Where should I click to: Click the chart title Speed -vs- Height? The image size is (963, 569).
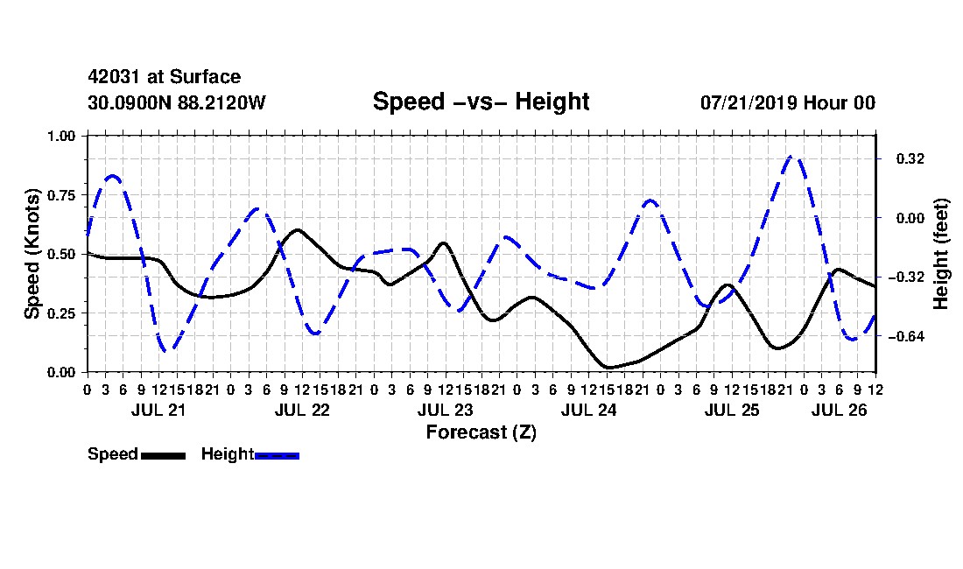[481, 102]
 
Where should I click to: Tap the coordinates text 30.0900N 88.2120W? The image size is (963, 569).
[177, 102]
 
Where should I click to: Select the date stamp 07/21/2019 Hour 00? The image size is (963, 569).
[788, 102]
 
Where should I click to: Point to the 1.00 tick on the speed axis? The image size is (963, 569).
[61, 136]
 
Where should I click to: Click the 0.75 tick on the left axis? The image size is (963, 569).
[61, 195]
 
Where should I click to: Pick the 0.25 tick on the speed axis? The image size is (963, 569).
[61, 313]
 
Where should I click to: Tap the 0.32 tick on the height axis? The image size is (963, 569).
[910, 159]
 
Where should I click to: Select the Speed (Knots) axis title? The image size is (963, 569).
[32, 254]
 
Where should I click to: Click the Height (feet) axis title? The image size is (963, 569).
[941, 254]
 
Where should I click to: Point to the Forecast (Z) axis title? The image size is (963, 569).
[481, 432]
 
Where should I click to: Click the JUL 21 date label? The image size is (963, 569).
[158, 410]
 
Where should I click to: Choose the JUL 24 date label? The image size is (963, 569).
[588, 410]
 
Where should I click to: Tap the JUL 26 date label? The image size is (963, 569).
[839, 410]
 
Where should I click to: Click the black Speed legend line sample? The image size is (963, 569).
[163, 455]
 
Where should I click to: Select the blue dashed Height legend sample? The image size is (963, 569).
[277, 455]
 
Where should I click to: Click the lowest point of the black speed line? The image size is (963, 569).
[608, 368]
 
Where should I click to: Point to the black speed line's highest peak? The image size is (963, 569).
[298, 229]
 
